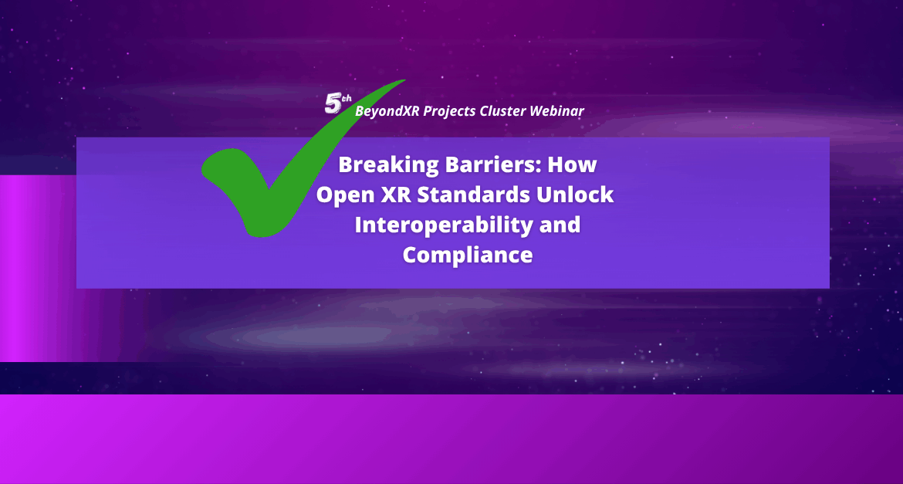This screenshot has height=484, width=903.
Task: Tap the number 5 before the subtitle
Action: pos(333,103)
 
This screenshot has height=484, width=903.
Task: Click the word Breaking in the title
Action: pos(389,164)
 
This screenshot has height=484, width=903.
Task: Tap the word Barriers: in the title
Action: pos(493,164)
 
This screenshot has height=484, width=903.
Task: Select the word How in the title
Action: pos(572,164)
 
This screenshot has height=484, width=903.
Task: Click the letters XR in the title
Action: pos(396,195)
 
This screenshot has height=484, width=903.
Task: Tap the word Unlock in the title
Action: pos(575,195)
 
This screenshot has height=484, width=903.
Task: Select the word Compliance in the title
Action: pos(468,255)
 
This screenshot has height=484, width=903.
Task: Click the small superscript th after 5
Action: pos(346,99)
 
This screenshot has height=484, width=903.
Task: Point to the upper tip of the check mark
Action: pos(404,80)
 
